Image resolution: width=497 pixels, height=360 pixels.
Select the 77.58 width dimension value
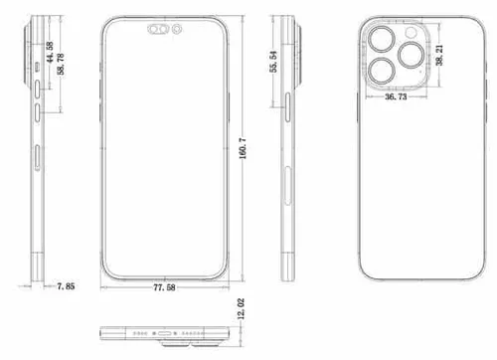click(x=167, y=287)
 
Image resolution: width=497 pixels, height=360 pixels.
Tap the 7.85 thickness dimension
click(x=67, y=286)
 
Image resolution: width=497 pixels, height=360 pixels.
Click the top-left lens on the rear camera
click(x=379, y=40)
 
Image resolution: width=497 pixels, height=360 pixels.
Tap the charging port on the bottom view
click(x=166, y=331)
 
